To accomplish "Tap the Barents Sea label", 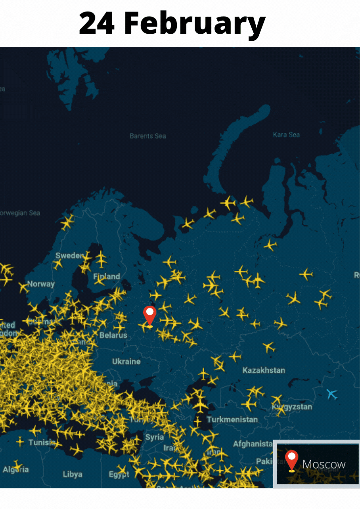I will (147, 136).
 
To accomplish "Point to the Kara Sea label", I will (286, 135).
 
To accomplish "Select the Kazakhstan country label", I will (264, 370).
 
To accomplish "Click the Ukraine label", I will (126, 362).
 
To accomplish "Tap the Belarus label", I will (113, 335).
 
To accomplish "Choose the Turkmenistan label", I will (232, 419).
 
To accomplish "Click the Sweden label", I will (69, 256).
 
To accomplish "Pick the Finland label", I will (106, 276).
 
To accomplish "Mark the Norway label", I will (41, 284).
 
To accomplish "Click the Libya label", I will (73, 474).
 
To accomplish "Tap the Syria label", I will (154, 437).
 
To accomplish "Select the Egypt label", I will (119, 475).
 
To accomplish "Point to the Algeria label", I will (16, 470).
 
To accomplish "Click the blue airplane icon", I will (332, 394).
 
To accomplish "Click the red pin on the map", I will (149, 315).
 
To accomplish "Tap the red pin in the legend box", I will (291, 460).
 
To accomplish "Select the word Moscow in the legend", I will (324, 464).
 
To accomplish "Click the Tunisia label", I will (42, 442).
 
